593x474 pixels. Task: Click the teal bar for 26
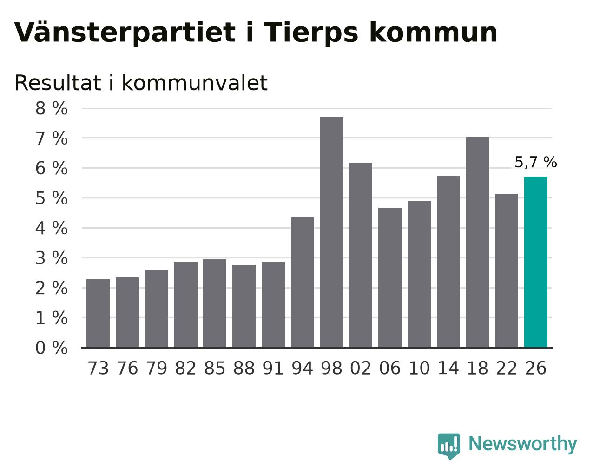[x=535, y=262]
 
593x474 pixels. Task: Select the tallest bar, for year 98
[x=331, y=232]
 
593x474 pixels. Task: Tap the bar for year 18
[x=477, y=242]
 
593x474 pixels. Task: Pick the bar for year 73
[x=98, y=313]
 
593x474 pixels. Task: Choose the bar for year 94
[x=302, y=282]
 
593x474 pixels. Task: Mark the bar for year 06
[x=389, y=277]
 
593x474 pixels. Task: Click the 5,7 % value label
[x=535, y=162]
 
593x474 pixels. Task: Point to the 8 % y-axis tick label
[x=52, y=108]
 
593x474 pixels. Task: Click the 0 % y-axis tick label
[x=52, y=348]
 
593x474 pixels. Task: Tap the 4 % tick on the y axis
[x=52, y=228]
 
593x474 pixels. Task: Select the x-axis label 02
[x=361, y=368]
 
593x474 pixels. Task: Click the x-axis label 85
[x=215, y=368]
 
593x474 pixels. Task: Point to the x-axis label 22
[x=507, y=368]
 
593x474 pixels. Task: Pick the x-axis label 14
[x=448, y=368]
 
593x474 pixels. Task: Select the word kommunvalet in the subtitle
[x=194, y=83]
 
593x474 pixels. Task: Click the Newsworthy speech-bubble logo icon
[x=449, y=446]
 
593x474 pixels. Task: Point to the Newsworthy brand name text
[x=523, y=444]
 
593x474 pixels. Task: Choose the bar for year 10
[x=419, y=274]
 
